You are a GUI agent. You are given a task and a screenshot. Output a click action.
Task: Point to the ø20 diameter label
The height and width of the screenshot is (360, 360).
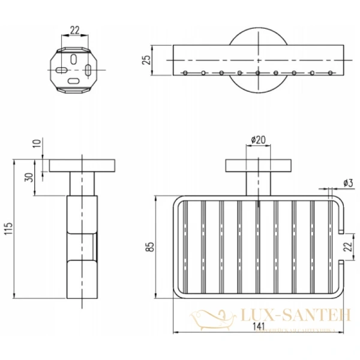point(257,140)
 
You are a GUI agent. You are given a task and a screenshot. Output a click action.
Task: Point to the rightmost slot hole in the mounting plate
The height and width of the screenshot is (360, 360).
point(88,70)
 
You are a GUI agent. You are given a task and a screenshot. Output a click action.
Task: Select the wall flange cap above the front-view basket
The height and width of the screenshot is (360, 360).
point(257,166)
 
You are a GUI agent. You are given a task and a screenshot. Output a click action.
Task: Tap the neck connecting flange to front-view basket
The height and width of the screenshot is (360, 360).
point(257,184)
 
